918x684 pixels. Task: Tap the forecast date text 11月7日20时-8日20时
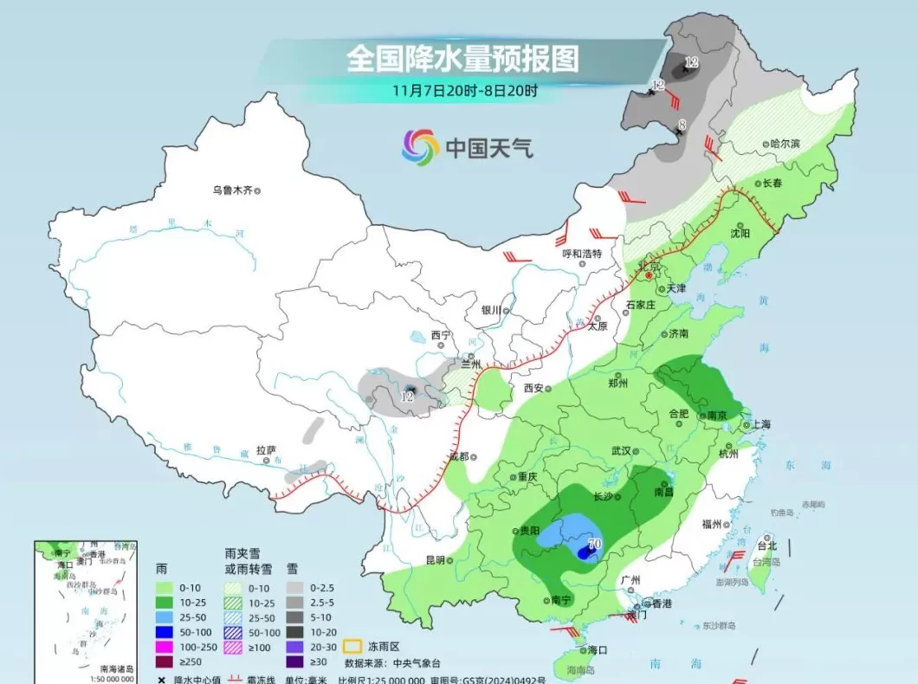click(464, 90)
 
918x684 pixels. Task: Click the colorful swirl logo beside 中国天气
click(421, 148)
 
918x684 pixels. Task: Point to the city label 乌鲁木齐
click(233, 190)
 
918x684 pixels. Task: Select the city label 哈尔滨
click(785, 144)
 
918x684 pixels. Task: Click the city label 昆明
click(435, 560)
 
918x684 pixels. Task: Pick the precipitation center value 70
click(593, 545)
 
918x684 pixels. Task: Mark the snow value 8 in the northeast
click(682, 126)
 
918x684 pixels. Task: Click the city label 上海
click(761, 424)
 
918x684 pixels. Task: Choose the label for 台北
click(767, 545)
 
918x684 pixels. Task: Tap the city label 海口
click(597, 649)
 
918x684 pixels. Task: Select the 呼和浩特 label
click(581, 254)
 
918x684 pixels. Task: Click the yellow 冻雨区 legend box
click(352, 646)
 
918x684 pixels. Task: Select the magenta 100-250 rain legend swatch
click(163, 646)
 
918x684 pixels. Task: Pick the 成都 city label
click(458, 456)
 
